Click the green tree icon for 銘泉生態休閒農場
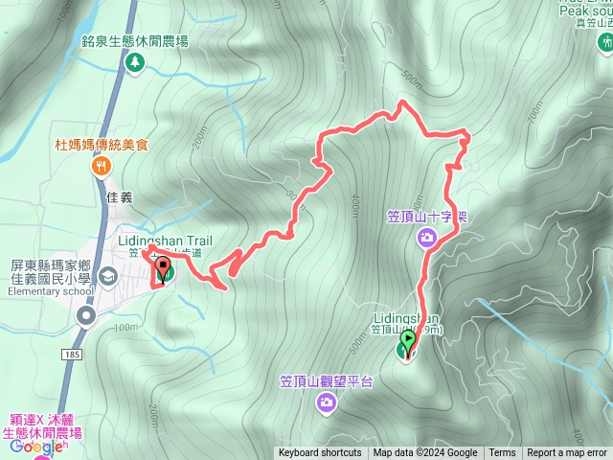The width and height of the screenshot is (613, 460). [135, 61]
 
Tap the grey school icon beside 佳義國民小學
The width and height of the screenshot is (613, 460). [108, 277]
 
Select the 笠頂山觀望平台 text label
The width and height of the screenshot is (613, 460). [326, 381]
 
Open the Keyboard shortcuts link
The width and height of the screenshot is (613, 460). [320, 453]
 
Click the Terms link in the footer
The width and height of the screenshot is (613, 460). [502, 453]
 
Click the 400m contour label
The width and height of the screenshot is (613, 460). [354, 205]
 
